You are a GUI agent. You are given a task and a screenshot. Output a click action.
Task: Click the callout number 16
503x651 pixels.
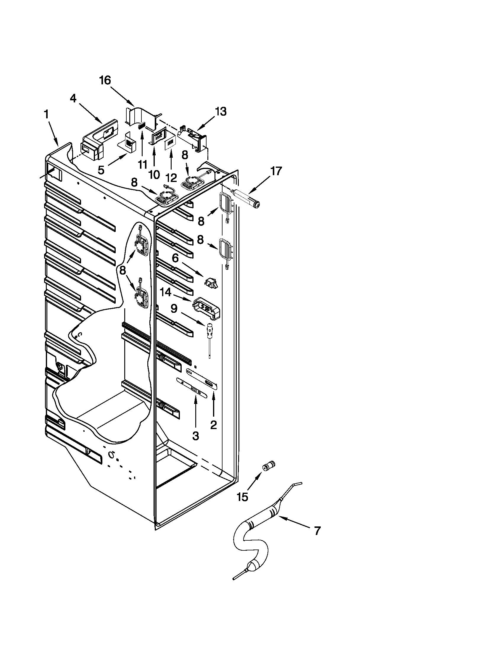click(105, 80)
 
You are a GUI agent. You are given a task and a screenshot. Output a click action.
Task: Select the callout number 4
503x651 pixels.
click(73, 99)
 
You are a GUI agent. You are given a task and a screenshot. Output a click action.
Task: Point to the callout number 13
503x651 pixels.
click(221, 112)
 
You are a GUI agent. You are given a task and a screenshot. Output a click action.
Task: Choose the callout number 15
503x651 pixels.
click(243, 497)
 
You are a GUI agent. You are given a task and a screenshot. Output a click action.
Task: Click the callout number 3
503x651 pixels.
click(196, 436)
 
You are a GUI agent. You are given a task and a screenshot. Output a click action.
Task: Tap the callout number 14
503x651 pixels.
click(166, 292)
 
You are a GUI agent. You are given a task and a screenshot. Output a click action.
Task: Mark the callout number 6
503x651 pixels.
click(175, 258)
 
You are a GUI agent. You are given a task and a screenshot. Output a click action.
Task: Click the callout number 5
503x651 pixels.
click(101, 170)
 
